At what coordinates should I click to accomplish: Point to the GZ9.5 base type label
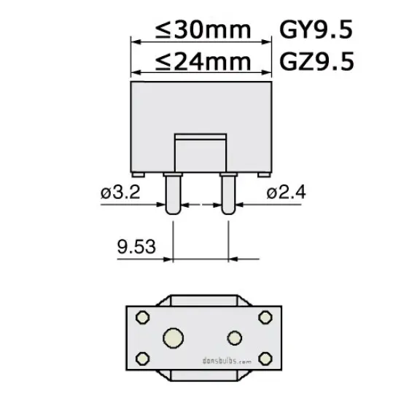[x=316, y=61]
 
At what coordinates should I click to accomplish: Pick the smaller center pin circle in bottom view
[x=234, y=337]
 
